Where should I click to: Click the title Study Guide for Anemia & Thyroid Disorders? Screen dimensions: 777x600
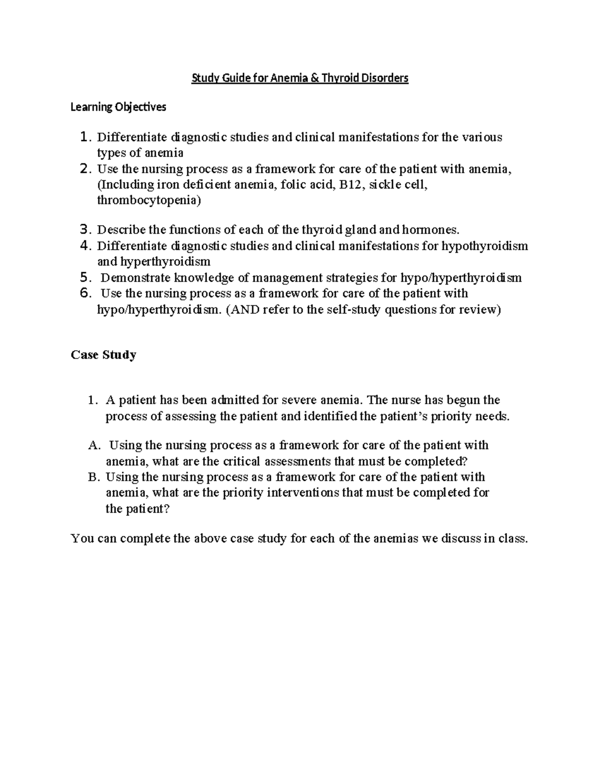click(300, 79)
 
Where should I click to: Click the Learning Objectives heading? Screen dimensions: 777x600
click(118, 107)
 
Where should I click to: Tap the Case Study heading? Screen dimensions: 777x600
click(103, 355)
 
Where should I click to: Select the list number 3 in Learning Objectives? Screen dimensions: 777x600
click(85, 230)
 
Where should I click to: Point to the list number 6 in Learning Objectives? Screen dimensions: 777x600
click(85, 293)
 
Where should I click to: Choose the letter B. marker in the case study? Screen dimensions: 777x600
click(94, 477)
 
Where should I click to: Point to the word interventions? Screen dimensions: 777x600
click(302, 493)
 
